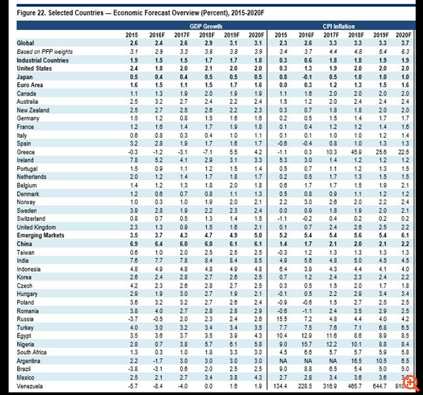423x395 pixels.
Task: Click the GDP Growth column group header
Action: tap(199, 25)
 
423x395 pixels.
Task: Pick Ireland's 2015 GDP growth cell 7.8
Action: tap(132, 159)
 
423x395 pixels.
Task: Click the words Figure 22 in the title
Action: tap(30, 12)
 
